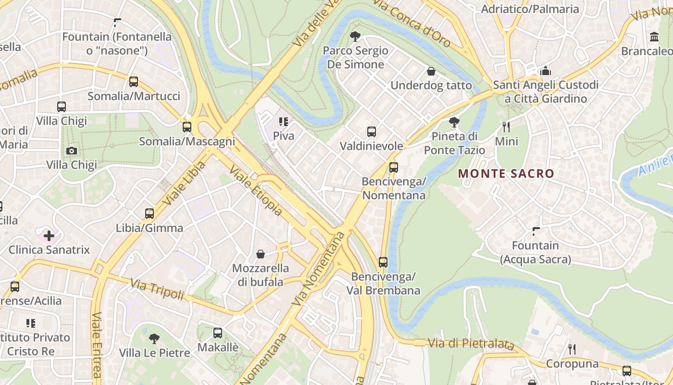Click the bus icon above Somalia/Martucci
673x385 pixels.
tap(134, 82)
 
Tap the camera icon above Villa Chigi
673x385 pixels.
tap(72, 151)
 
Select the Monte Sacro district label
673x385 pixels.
tap(506, 174)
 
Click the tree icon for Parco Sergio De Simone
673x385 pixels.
tap(355, 36)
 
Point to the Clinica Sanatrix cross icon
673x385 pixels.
tap(49, 236)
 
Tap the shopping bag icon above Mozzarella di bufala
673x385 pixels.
tap(261, 254)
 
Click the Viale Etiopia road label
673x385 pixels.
tap(255, 191)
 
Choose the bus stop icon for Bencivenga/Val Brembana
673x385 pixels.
tap(383, 262)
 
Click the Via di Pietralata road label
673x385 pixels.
tap(470, 344)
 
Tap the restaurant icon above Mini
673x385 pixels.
tap(506, 127)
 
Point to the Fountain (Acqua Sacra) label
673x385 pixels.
tap(535, 253)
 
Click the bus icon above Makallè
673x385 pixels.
tap(218, 333)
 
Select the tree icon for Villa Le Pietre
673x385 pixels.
tap(154, 338)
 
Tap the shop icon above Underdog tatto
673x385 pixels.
tap(431, 71)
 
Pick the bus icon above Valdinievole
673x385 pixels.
tap(371, 131)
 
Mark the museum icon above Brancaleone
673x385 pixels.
tap(654, 37)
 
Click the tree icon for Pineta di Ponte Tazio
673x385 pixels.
tap(454, 122)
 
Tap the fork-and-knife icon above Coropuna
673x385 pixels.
tap(572, 349)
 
